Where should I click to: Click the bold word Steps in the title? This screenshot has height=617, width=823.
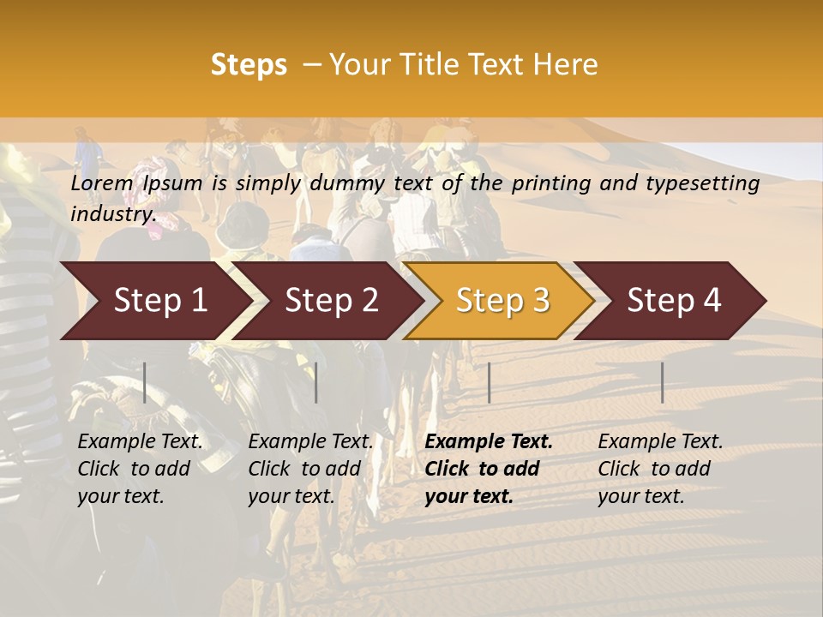coord(249,65)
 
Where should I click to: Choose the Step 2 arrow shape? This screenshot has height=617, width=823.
coord(331,301)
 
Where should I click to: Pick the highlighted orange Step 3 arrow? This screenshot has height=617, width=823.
coord(502,301)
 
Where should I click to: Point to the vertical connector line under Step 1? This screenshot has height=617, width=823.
coord(145,382)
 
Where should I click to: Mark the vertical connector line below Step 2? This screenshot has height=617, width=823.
coord(316,382)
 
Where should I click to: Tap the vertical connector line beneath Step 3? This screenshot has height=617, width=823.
coord(489,382)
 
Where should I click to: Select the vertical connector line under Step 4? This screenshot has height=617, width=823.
coord(662,382)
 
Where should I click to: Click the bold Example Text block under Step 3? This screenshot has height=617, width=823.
coord(489,469)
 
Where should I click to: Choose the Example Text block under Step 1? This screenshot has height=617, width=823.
coord(140,469)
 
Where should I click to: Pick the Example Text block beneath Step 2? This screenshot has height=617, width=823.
coord(310,469)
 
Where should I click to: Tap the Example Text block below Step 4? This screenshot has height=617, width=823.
coord(660,469)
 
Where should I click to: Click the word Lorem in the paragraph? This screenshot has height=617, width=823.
coord(102,183)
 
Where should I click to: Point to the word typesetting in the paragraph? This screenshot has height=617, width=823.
coord(706,183)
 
